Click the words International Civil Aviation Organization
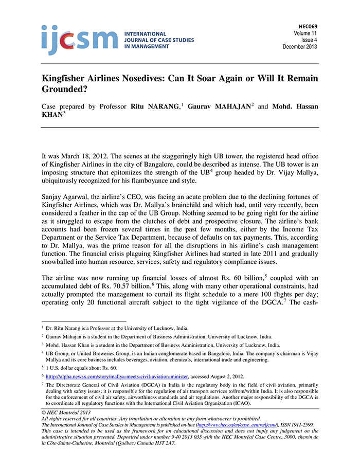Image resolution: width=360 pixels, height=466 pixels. coord(194,403)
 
